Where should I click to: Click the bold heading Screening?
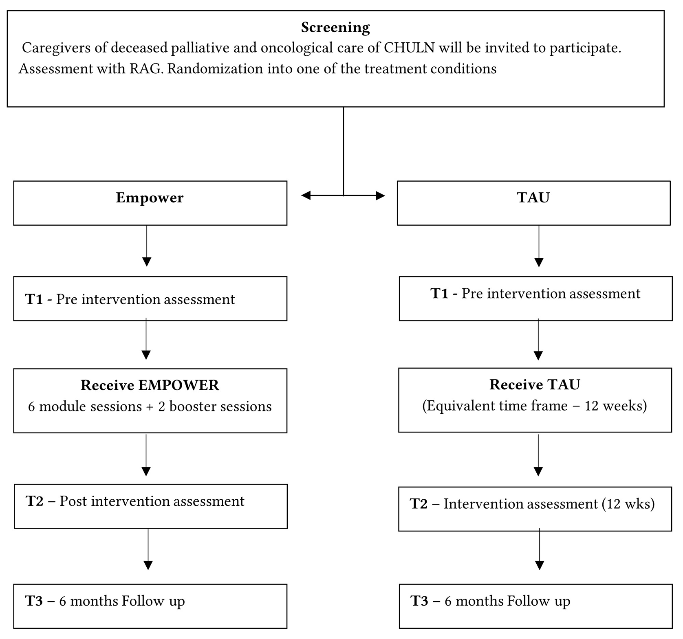pos(335,28)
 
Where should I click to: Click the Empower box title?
pos(150,198)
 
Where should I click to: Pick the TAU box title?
pos(533,198)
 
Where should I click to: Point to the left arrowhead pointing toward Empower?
pos(306,196)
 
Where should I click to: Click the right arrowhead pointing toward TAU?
pos(380,196)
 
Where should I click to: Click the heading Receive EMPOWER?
pos(150,385)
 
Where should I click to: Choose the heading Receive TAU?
pos(535,384)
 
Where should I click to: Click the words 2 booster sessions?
pos(215,406)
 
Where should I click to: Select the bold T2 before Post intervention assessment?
pos(35,501)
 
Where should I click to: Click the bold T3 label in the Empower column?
pos(34,601)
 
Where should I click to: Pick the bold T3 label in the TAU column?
pos(420,601)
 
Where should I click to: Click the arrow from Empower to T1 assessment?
pos(147,246)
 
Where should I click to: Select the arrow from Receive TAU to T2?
pos(538,455)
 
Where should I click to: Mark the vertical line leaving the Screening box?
pos(344,152)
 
